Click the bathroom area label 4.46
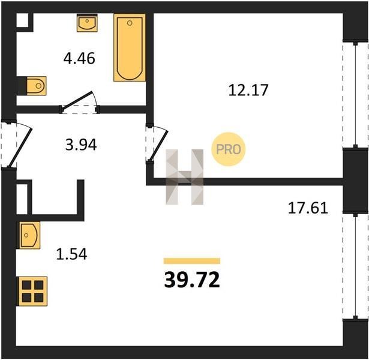79,58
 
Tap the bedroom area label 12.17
248,90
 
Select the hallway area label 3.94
81,145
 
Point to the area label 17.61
308,208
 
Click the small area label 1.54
71,254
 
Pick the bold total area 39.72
192,280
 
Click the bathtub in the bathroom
130,48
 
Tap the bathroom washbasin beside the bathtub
87,23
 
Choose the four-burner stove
33,291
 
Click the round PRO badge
228,149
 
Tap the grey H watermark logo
185,177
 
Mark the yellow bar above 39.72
192,261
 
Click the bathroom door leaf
76,100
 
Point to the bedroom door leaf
158,146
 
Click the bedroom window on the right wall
355,95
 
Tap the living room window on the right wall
355,266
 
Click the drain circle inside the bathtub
130,23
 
